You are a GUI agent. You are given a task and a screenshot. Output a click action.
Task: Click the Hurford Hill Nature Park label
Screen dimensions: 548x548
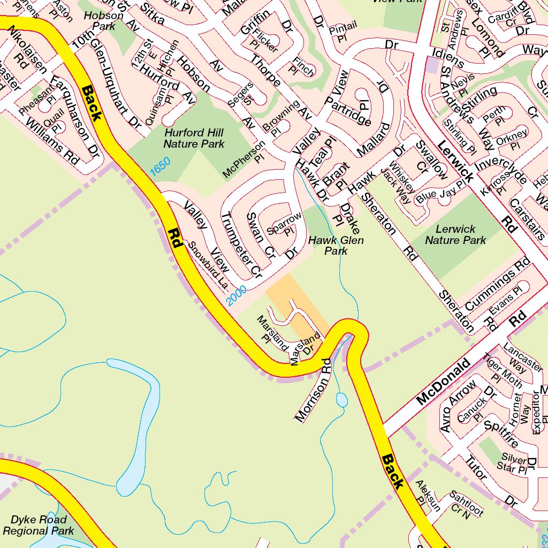coord(194,138)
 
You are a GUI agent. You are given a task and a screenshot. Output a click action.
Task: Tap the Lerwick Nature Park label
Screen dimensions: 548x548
coord(455,235)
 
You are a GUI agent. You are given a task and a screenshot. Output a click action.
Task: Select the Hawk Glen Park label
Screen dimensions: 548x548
coord(336,246)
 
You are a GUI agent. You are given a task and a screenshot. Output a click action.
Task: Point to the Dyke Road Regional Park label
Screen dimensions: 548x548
coord(39,525)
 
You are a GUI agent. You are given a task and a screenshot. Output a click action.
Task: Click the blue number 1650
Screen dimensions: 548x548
coord(160,166)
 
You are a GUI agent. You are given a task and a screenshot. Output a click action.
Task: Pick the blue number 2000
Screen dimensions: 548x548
coord(236,295)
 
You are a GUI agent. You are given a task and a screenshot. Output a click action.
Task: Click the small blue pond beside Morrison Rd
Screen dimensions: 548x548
coord(341,400)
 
